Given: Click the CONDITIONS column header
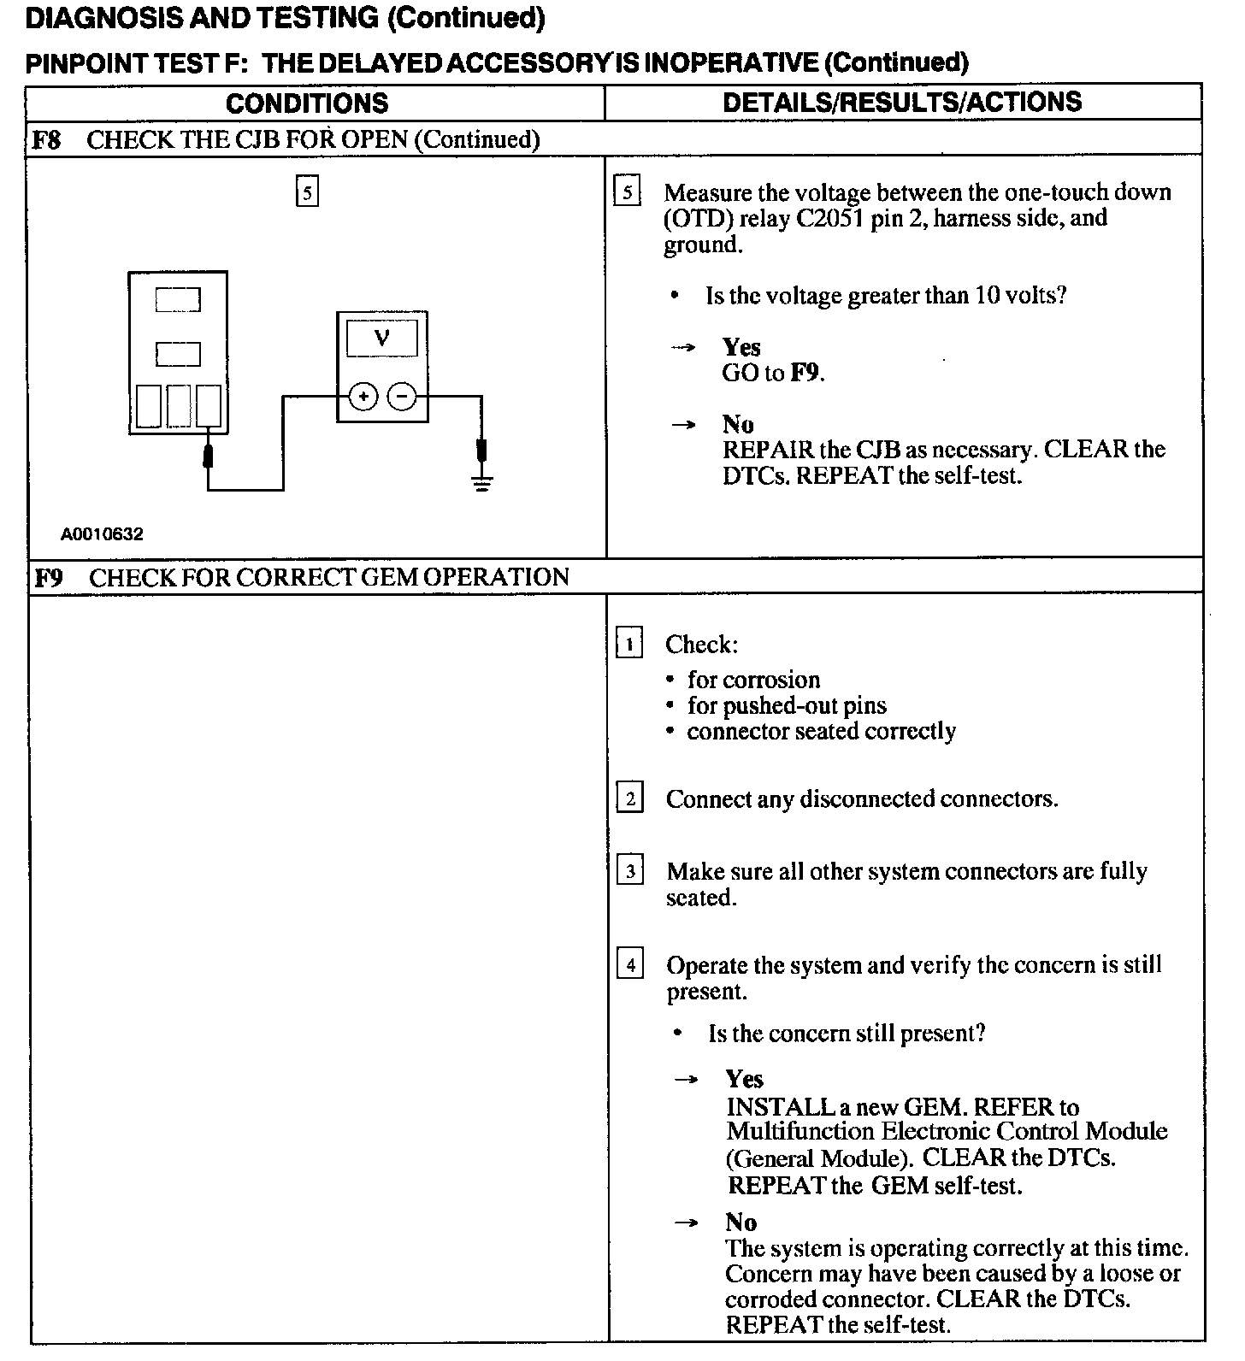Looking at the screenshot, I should (x=306, y=103).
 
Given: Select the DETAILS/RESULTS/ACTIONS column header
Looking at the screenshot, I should (x=902, y=102).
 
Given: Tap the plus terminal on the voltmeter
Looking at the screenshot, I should (x=363, y=397).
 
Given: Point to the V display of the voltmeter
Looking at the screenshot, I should (x=382, y=339).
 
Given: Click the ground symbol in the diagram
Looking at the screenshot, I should (x=483, y=484).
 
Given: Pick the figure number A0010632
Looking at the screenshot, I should (x=102, y=534).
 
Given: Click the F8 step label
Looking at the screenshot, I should (x=46, y=139).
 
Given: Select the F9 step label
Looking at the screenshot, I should (x=48, y=578).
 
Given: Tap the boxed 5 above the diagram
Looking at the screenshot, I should (x=307, y=191).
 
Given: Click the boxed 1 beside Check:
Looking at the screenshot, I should (x=629, y=643).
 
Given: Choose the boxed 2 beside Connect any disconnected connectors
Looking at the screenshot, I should (x=629, y=798).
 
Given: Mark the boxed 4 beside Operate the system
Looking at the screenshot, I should (x=630, y=965).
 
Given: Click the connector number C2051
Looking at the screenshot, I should (x=830, y=218).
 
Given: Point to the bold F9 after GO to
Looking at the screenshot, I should (x=805, y=374).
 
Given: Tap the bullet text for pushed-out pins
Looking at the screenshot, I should (x=787, y=705).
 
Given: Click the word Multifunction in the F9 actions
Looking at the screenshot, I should (x=801, y=1132).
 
